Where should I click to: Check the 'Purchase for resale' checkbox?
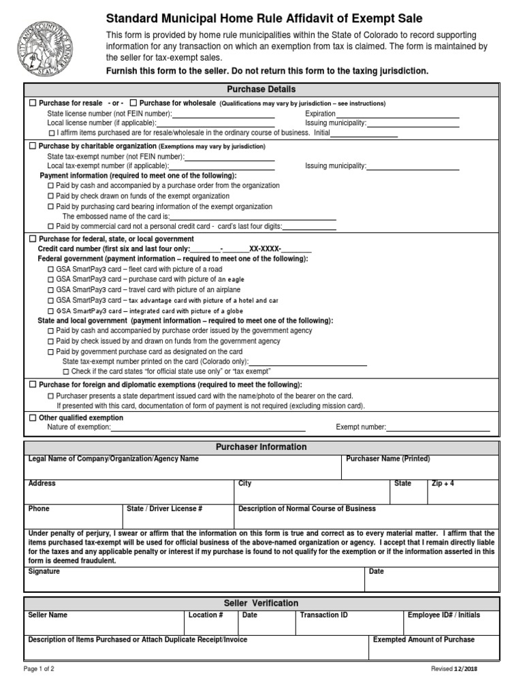tap(33, 103)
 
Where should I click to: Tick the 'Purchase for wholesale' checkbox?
tap(133, 103)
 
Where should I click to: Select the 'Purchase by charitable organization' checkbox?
tap(33, 146)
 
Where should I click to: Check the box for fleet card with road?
tap(51, 269)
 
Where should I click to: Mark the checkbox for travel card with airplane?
tap(51, 289)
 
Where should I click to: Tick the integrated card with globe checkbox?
tap(51, 310)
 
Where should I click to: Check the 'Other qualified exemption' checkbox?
tap(33, 417)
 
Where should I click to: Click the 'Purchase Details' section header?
tap(261, 90)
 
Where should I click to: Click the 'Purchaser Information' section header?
tap(261, 447)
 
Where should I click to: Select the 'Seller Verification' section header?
tap(261, 603)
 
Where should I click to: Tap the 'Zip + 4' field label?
tap(443, 483)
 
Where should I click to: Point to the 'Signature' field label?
tap(44, 571)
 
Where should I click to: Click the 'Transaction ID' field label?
tap(323, 615)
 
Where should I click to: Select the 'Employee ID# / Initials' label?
tap(443, 615)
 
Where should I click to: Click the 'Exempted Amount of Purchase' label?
tap(424, 640)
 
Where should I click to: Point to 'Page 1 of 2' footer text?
tap(39, 669)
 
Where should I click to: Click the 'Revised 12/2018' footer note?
tap(454, 669)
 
